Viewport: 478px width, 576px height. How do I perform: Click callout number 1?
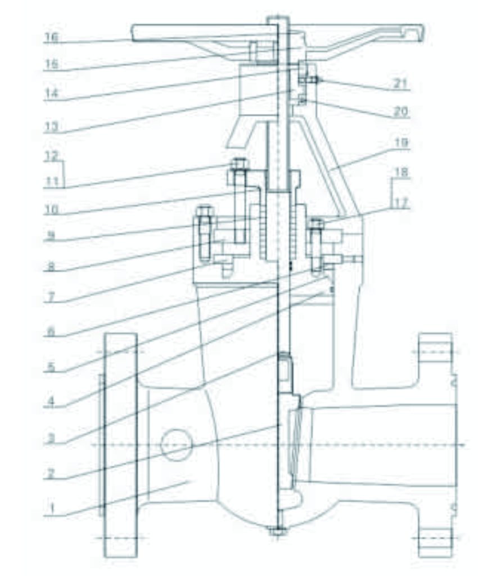click(x=51, y=508)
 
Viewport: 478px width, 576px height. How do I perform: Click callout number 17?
click(x=400, y=204)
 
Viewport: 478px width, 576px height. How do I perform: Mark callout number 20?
click(x=400, y=111)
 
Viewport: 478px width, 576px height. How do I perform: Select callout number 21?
click(x=400, y=84)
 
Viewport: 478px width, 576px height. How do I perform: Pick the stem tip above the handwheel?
click(x=278, y=20)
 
